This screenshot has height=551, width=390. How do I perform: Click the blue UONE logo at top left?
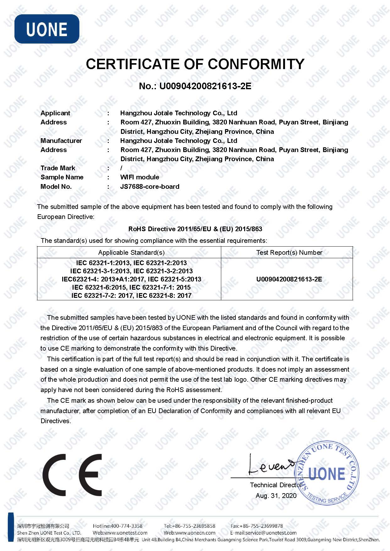(x=47, y=29)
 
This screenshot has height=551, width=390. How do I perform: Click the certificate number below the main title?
(x=195, y=86)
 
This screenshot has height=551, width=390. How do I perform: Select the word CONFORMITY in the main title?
(x=256, y=64)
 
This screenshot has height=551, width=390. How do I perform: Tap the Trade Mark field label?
(x=58, y=168)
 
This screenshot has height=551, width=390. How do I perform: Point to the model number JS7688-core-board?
(x=150, y=187)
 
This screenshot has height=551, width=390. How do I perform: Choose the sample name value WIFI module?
(x=140, y=177)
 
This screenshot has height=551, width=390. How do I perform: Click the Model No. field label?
(x=56, y=187)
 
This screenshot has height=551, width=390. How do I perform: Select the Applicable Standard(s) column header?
(x=131, y=253)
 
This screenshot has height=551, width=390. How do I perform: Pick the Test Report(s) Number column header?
(x=289, y=253)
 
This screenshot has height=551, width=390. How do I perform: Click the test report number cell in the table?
(x=289, y=279)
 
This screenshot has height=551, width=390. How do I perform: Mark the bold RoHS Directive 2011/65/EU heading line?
(x=195, y=229)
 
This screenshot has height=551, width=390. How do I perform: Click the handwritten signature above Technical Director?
(x=270, y=466)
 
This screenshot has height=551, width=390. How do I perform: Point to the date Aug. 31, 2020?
(x=276, y=496)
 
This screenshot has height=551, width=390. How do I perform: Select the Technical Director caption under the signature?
(x=275, y=485)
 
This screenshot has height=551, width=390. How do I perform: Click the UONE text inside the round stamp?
(x=327, y=474)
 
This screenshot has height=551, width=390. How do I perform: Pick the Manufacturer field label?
(x=61, y=141)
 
